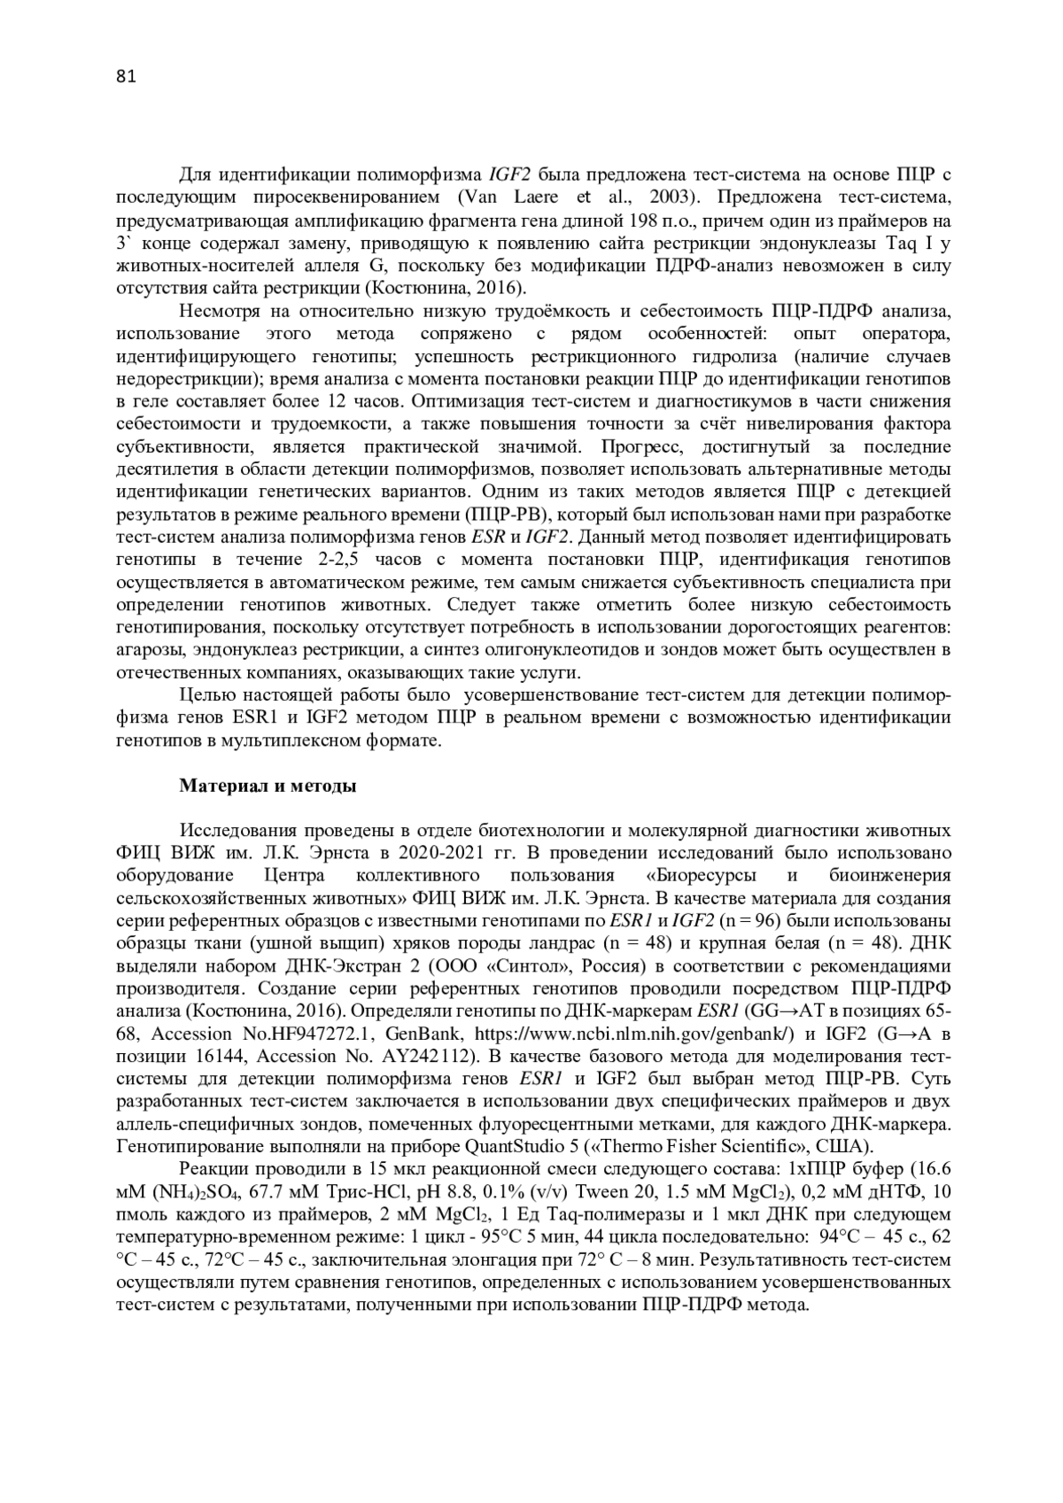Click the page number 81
126,77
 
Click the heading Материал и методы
268,786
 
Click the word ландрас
559,942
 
